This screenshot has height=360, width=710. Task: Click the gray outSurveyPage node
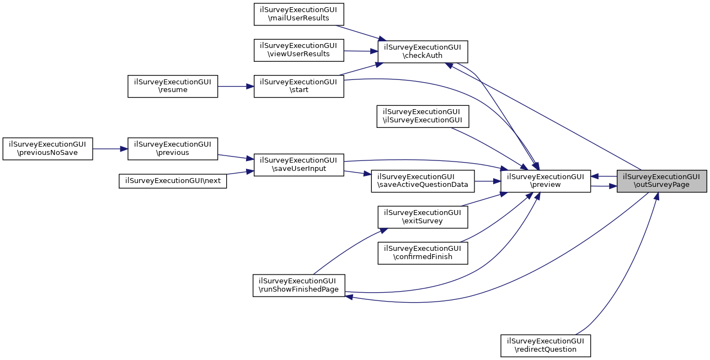[x=661, y=181]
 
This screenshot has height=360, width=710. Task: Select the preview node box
[x=545, y=181]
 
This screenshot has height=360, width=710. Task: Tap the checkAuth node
[x=423, y=51]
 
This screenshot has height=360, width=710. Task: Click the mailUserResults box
[x=298, y=14]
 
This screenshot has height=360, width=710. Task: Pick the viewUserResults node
[x=298, y=50]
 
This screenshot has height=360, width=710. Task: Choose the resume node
[x=173, y=87]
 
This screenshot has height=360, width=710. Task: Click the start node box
[x=298, y=87]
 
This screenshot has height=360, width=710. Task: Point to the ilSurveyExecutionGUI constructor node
[x=423, y=116]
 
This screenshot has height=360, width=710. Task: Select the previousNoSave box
[x=47, y=149]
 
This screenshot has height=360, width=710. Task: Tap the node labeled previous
[x=173, y=149]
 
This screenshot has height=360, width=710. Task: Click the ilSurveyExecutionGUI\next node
[x=173, y=181]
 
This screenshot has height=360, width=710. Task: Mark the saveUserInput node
[x=298, y=164]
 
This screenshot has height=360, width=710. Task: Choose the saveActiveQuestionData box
[x=423, y=181]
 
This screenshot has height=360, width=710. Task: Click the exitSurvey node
[x=423, y=217]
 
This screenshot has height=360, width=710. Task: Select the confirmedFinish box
[x=423, y=252]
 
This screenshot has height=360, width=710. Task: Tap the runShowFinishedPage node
[x=298, y=285]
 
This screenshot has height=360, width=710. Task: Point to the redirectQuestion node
[x=545, y=345]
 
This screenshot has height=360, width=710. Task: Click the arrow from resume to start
[x=236, y=87]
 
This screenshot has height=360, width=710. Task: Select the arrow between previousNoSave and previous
[x=110, y=149]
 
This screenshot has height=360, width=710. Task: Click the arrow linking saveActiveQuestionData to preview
[x=484, y=181]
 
